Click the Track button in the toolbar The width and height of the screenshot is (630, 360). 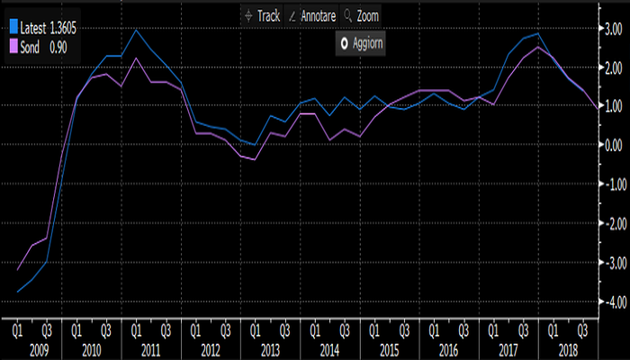263,16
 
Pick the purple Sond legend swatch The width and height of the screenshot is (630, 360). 12,43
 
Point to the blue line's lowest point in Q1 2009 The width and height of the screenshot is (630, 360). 17,291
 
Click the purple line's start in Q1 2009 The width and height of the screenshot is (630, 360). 17,269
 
